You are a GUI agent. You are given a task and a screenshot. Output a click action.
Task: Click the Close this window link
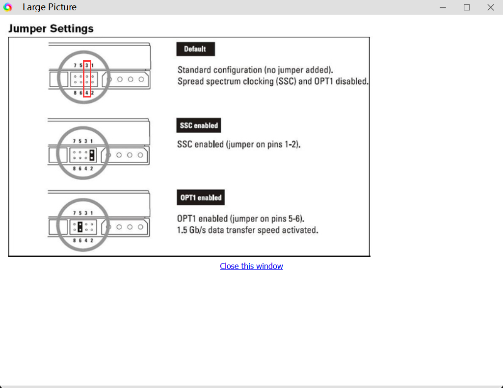coord(251,266)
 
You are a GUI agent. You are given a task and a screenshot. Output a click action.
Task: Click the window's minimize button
coord(443,7)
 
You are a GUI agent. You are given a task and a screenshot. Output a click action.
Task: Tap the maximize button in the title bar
coord(467,7)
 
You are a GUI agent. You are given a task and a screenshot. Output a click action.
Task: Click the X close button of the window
coord(491,7)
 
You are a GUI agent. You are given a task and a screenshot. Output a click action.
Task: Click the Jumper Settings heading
coord(51,28)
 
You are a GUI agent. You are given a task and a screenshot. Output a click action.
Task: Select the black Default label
coord(196,49)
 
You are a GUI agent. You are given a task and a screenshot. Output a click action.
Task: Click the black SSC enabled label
coord(199,125)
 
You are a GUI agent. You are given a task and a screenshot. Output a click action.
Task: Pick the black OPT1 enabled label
coord(201,197)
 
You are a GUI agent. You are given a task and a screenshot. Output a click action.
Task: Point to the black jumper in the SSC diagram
coord(92,155)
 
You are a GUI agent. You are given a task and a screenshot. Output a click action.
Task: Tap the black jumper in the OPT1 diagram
coord(80,227)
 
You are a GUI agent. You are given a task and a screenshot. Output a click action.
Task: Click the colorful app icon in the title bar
coord(7,7)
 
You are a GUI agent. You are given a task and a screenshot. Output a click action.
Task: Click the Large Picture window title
coord(50,7)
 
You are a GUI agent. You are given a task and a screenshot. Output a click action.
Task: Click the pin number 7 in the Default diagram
coord(75,65)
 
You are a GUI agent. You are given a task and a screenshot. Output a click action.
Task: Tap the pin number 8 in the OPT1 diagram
coord(75,241)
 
